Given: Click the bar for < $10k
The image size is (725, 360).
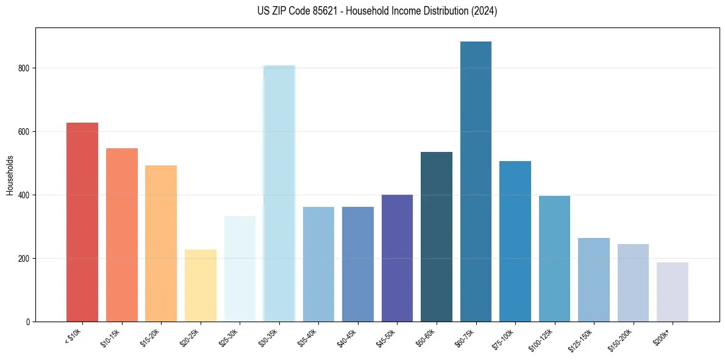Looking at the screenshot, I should pos(82,222).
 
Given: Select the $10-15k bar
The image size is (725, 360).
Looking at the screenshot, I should pos(122,235).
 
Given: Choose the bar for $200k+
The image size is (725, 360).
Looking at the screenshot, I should pos(673,292).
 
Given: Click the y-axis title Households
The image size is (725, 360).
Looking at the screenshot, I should pos(10,175).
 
